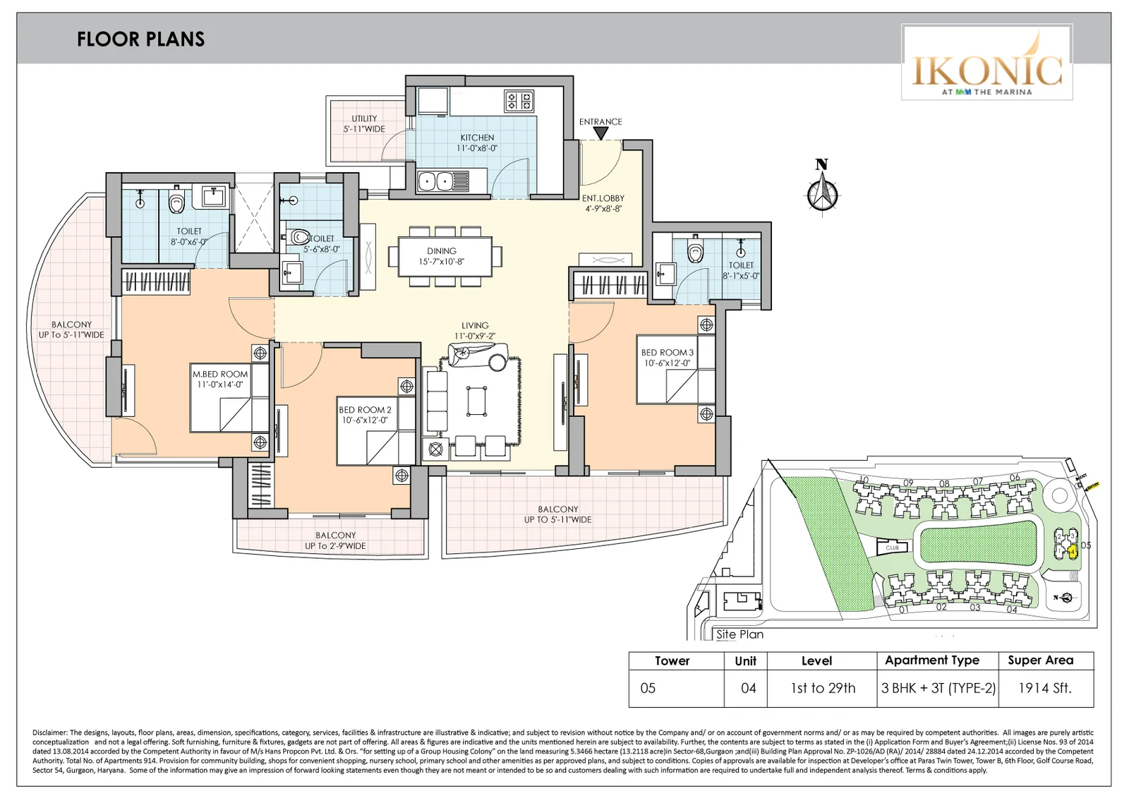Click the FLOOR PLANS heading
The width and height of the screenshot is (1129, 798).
coord(140,39)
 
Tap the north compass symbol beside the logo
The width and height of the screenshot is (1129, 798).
coord(822,188)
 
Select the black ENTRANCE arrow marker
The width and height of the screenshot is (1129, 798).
coord(600,133)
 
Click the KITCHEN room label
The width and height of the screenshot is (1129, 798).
coord(477,143)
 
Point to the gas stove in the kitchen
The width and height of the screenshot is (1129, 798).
coord(519,102)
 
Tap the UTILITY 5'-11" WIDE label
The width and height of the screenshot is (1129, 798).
coord(364,123)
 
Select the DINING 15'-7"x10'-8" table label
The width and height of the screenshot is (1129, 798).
coord(442,255)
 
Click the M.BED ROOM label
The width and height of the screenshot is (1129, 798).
coord(220,379)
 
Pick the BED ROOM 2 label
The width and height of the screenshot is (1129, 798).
coord(365,414)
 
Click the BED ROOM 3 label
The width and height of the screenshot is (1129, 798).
coord(667,357)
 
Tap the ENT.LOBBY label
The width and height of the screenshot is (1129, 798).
coord(603,203)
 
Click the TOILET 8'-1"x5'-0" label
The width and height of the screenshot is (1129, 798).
coord(741,270)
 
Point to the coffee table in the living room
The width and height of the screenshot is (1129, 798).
coord(476,402)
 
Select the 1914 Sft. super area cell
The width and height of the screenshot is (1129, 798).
coord(1045,688)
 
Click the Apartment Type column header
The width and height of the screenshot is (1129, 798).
coord(931,660)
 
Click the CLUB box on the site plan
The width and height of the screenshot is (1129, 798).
coord(893,548)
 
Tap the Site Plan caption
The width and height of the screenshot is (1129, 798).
coord(739,634)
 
